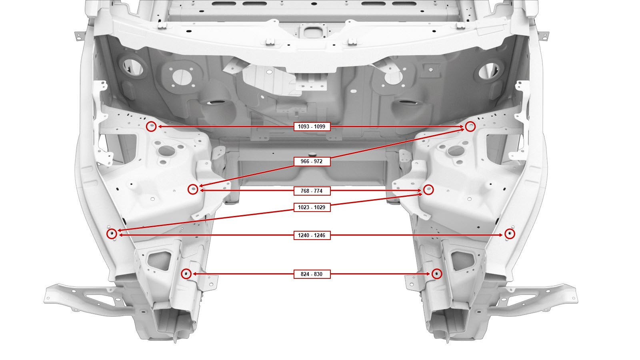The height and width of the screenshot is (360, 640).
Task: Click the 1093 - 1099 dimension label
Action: coord(312,126)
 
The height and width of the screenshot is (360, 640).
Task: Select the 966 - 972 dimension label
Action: coord(312,162)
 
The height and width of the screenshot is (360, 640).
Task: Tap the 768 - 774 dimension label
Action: coord(312,191)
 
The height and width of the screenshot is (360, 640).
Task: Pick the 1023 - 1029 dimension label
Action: coord(312,207)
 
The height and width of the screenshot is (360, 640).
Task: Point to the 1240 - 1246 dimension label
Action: coord(312,235)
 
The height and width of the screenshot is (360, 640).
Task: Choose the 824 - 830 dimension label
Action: coord(312,274)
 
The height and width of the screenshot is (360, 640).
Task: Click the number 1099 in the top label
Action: coord(320,126)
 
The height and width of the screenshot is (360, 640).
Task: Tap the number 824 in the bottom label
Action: coord(305,274)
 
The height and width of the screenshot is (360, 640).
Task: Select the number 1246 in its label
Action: coord(320,235)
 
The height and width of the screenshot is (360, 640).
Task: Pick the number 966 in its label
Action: coord(305,162)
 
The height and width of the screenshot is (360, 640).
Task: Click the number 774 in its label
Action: coord(318,191)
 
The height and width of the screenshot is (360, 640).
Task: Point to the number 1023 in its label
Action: coord(304,207)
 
